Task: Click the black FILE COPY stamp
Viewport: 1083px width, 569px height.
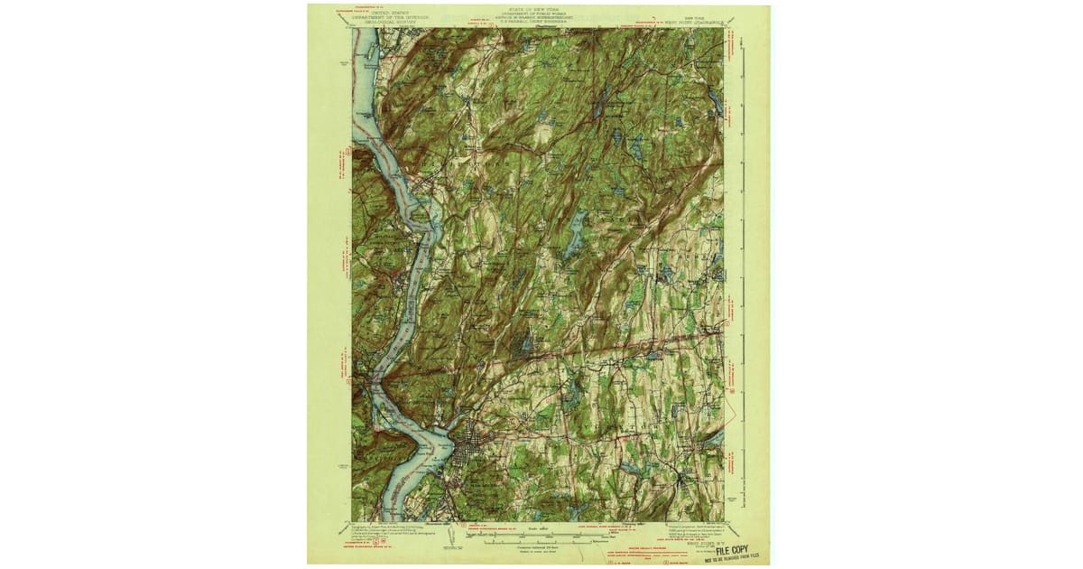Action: [x=732, y=548]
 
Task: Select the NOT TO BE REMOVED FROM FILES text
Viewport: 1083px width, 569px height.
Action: [x=732, y=557]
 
